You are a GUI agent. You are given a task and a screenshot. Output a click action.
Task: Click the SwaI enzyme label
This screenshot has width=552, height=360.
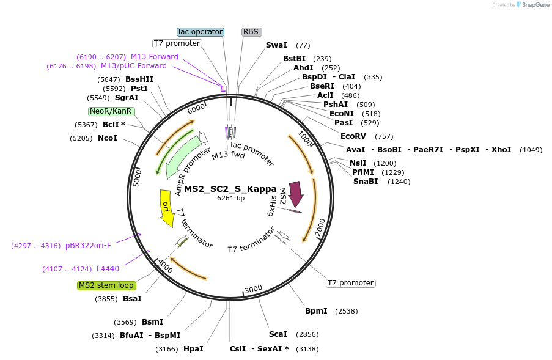(x=276, y=45)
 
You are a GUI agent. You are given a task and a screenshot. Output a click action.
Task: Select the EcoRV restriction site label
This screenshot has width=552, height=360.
(x=353, y=136)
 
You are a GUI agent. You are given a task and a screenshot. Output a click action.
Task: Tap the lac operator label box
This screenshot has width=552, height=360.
(x=201, y=32)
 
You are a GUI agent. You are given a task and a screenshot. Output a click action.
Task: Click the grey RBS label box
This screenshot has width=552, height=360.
(x=251, y=32)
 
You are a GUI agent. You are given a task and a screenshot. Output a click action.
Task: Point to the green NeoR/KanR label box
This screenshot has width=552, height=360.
(x=111, y=111)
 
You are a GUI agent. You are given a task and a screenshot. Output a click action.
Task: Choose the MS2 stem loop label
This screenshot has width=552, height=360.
(x=106, y=285)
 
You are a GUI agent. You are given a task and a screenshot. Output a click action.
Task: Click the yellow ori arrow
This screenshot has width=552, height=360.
(x=166, y=208)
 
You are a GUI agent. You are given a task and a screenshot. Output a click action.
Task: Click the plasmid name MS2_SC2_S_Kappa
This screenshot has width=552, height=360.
(x=230, y=189)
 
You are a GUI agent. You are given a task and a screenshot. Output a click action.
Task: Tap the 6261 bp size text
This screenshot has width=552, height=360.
(x=230, y=198)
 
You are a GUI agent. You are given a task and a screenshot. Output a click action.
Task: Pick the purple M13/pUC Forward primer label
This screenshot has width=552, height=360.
(x=133, y=66)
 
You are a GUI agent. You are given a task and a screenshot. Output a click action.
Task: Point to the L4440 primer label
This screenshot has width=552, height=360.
(x=108, y=269)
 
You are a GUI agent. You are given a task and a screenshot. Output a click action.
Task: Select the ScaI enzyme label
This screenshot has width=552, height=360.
(x=278, y=334)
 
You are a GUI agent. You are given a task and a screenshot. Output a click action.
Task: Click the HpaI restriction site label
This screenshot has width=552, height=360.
(x=193, y=349)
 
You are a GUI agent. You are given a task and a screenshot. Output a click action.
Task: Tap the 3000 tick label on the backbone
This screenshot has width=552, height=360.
(x=253, y=289)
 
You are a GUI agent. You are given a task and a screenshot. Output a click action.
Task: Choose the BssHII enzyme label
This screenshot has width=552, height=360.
(x=139, y=79)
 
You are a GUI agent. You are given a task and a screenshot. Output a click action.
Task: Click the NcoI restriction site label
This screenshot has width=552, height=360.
(x=107, y=138)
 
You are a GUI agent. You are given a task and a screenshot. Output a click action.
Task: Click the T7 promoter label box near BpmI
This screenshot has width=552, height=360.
(x=350, y=283)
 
